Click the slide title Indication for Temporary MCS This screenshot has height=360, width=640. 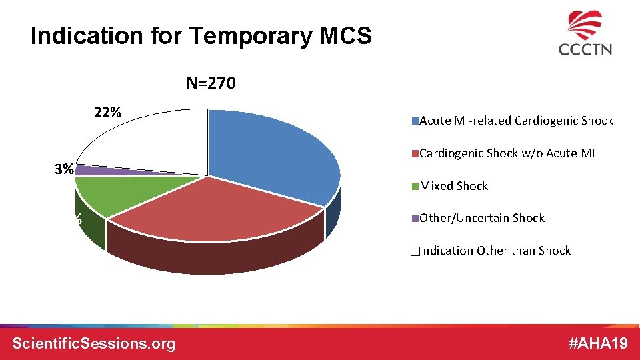[201, 36]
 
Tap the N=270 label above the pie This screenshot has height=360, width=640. [211, 83]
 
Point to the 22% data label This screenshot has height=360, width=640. [107, 112]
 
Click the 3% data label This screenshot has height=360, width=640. [64, 169]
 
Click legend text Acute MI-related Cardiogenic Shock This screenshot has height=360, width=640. [516, 121]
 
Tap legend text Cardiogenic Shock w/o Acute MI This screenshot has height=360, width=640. [507, 153]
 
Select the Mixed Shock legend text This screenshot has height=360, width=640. [453, 186]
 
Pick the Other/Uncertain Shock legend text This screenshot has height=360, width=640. [482, 218]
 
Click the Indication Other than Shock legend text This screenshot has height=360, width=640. [495, 251]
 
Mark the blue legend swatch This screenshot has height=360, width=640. [415, 121]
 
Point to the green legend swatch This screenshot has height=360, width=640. [415, 186]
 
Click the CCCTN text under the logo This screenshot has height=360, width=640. [585, 49]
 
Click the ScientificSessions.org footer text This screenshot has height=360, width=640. [94, 343]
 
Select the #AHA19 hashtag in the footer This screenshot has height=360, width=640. [598, 343]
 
